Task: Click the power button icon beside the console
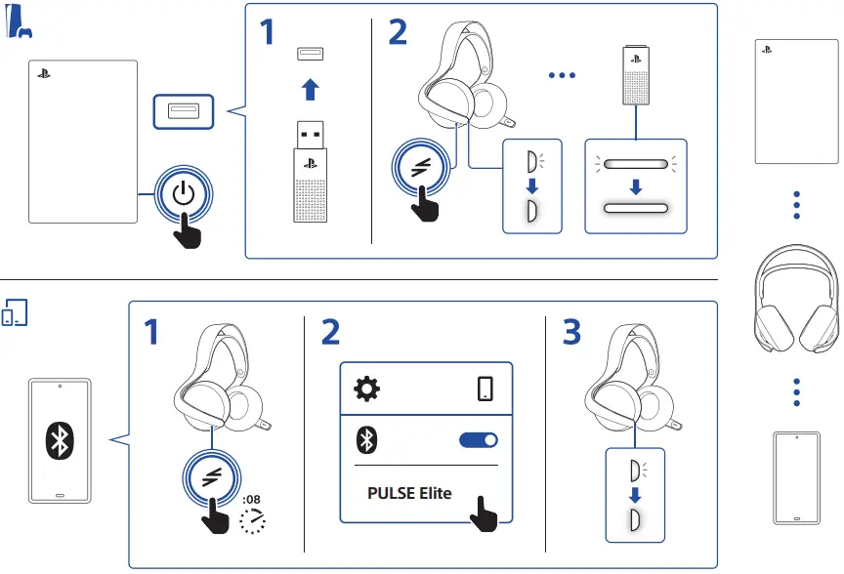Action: (x=184, y=193)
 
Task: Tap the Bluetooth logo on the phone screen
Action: (x=61, y=441)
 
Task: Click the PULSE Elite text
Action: (x=409, y=493)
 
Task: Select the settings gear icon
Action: (x=366, y=389)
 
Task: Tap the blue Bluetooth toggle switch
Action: (x=478, y=441)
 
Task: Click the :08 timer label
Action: (x=251, y=500)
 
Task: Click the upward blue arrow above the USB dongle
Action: (x=310, y=90)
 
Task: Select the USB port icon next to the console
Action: (x=183, y=110)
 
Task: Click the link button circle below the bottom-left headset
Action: (x=213, y=476)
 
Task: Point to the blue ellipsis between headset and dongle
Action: (x=563, y=75)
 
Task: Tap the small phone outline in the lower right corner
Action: (x=797, y=477)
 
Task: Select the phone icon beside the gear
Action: (x=485, y=389)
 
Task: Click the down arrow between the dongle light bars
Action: (x=636, y=185)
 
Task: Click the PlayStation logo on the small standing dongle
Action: (x=635, y=60)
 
